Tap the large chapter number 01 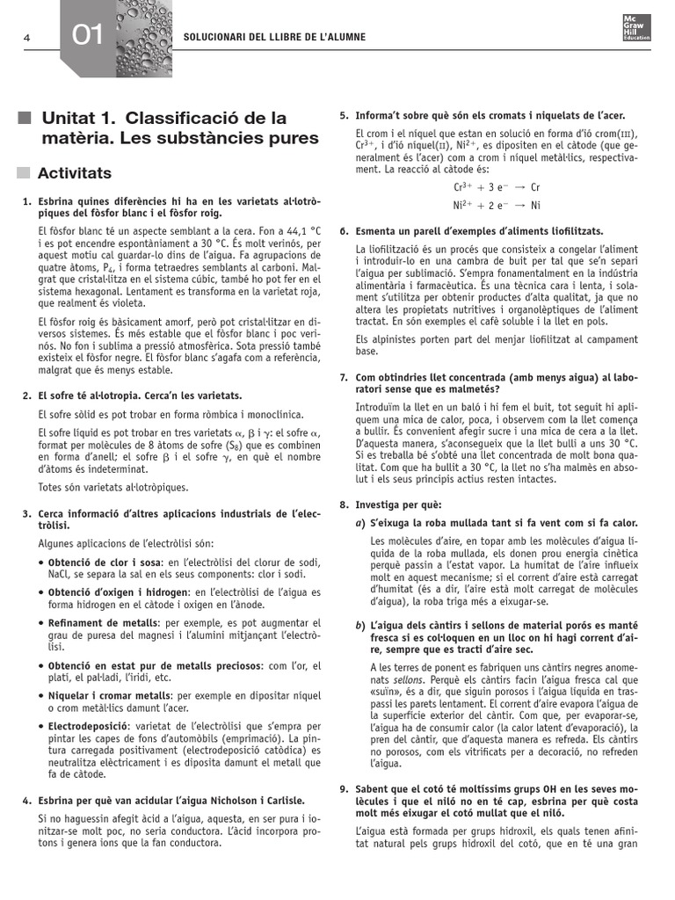point(88,36)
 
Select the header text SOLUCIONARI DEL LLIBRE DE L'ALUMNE point(273,37)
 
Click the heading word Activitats point(75,173)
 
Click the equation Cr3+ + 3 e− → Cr point(497,187)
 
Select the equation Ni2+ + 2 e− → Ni point(497,205)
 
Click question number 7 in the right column point(344,377)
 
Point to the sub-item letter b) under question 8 point(360,625)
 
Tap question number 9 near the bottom point(344,789)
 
